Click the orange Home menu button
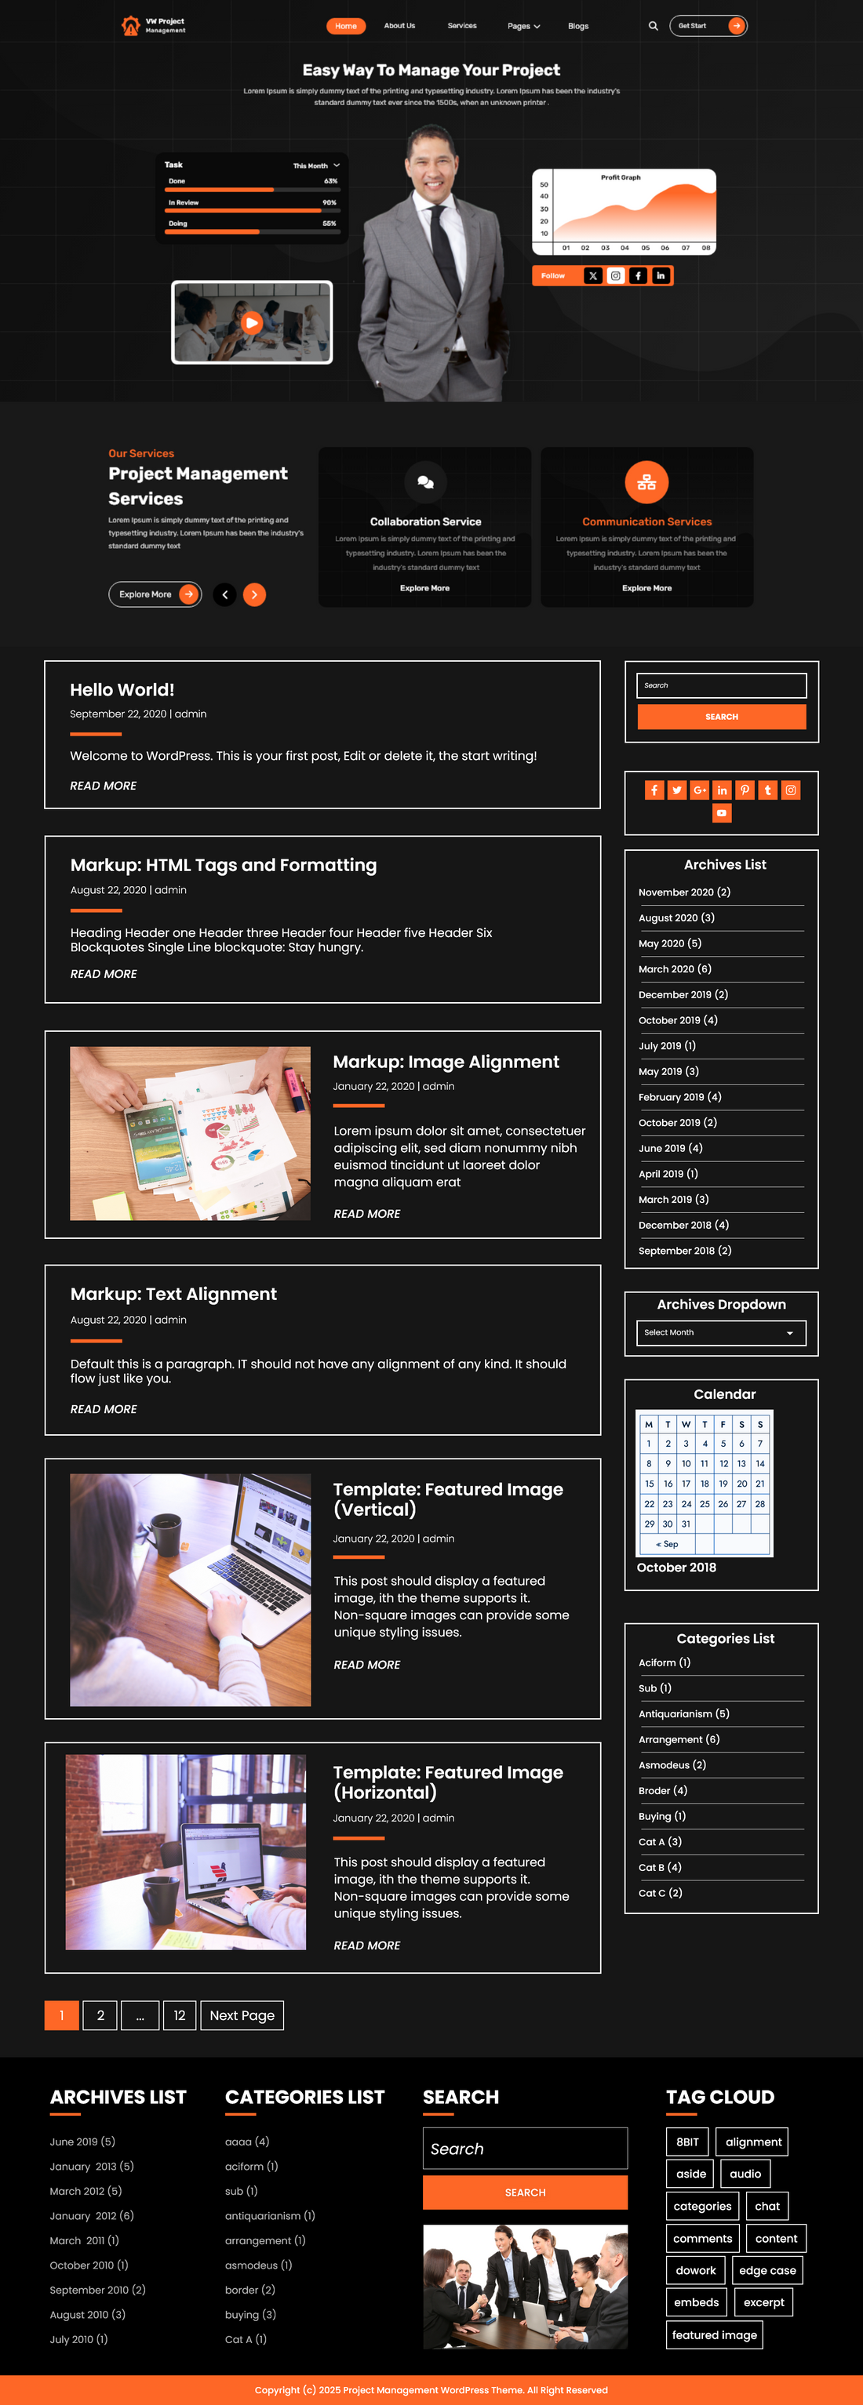(x=345, y=26)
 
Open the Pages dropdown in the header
(x=523, y=26)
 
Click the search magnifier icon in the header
(x=653, y=26)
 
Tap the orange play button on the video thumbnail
(x=251, y=322)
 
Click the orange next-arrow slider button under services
(x=254, y=594)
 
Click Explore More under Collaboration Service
(x=425, y=588)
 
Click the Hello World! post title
(x=122, y=690)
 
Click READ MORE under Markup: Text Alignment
(x=104, y=1409)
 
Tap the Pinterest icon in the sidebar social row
(x=745, y=790)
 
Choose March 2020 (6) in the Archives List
(x=675, y=969)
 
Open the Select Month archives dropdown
(x=720, y=1332)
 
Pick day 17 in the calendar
(x=686, y=1484)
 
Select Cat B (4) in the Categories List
(x=659, y=1867)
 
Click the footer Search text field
(x=524, y=2149)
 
